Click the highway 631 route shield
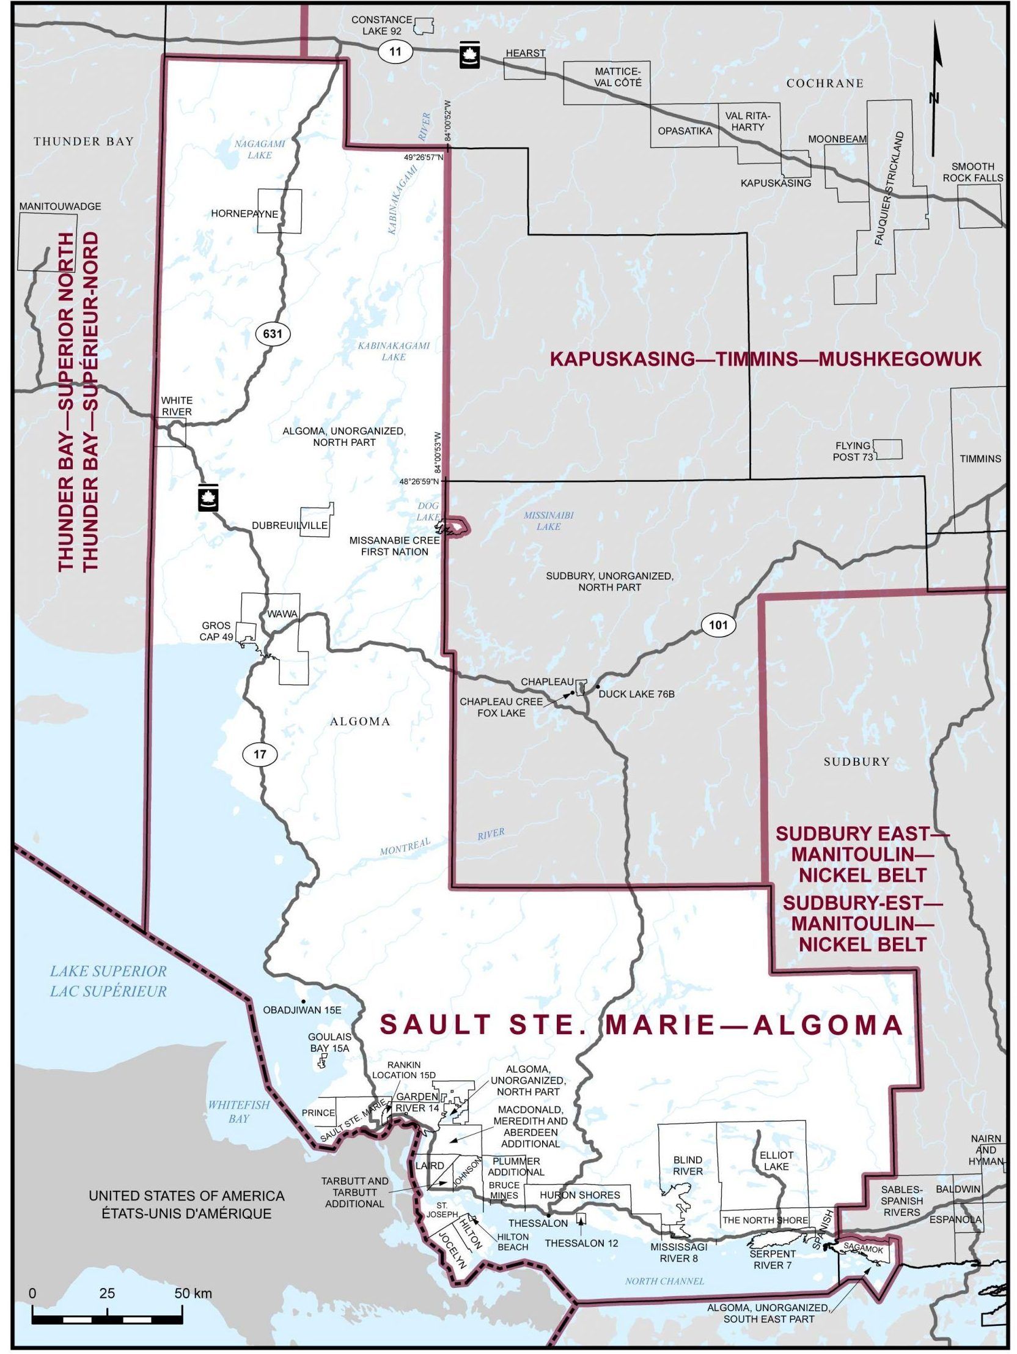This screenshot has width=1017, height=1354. [x=273, y=333]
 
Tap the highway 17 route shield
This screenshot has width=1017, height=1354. [x=260, y=754]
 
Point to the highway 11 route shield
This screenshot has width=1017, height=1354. [x=395, y=51]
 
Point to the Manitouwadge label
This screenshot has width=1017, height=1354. [x=60, y=207]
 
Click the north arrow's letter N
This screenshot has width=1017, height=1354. [x=934, y=98]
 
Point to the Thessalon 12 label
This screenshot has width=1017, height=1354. [x=581, y=1243]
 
